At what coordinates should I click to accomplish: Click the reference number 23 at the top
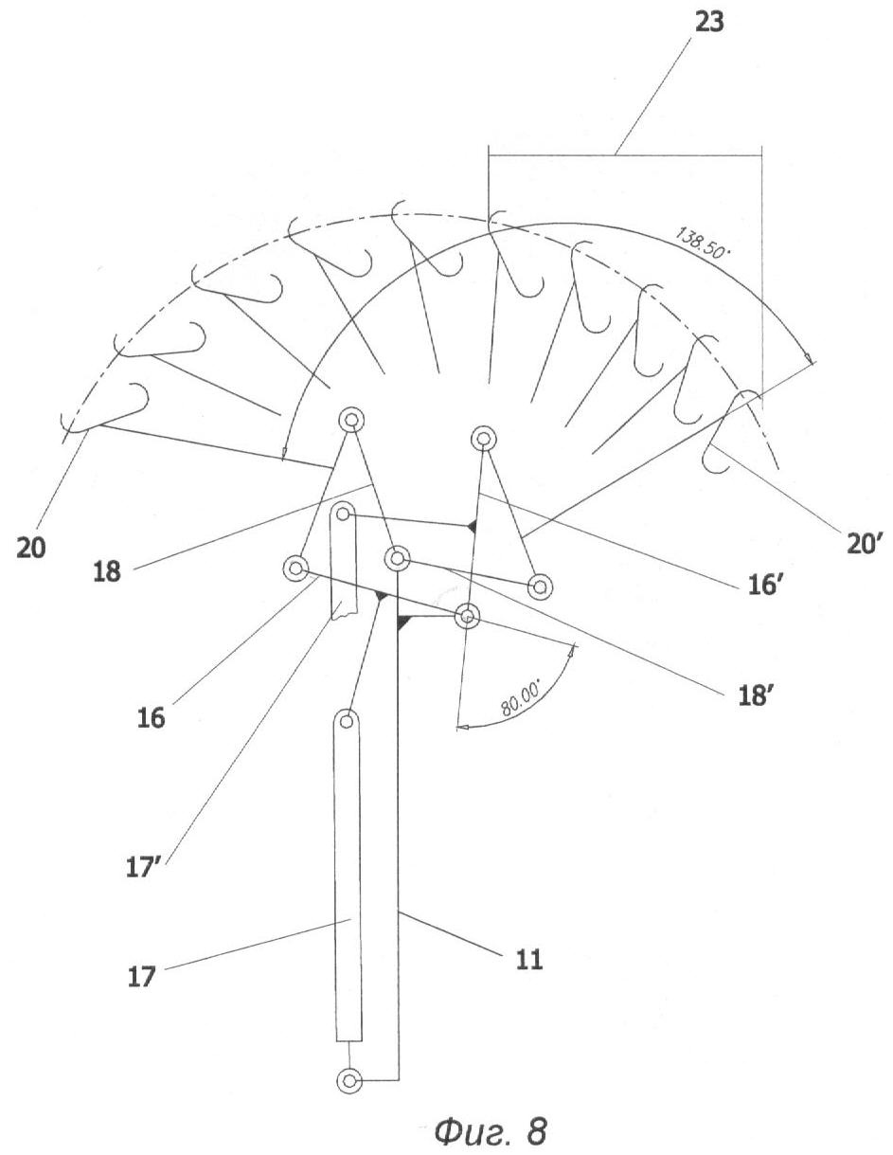pos(708,23)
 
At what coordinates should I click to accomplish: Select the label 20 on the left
pos(31,547)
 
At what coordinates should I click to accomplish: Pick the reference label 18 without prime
pos(107,571)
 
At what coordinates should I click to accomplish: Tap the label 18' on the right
pos(755,695)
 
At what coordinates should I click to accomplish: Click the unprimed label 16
pos(152,717)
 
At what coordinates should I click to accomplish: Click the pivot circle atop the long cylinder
pos(347,721)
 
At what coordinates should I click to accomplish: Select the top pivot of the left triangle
pos(350,421)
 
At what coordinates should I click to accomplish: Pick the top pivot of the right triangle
pos(483,439)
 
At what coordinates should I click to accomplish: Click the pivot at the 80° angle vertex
pos(467,617)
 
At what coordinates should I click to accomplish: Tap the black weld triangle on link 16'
pos(472,526)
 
